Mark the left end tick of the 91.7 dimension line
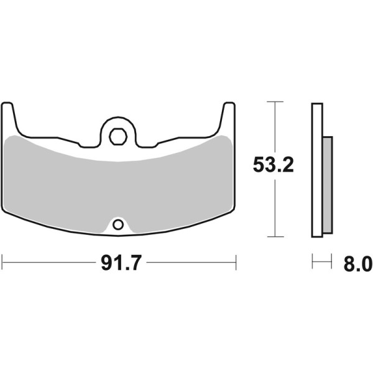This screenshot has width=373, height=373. point(2,262)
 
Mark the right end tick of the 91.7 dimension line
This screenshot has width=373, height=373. point(236,262)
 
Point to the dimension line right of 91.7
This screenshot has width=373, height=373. point(190,262)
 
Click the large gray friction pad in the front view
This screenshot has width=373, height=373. point(118,183)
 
